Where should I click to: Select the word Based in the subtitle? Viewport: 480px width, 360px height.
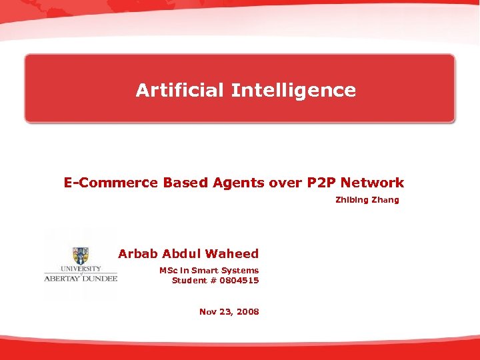coord(185,182)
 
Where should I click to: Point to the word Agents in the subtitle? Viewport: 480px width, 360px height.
coord(239,182)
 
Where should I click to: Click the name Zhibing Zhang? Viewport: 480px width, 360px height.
coord(367,199)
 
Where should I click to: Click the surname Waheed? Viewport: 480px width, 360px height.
coord(232,253)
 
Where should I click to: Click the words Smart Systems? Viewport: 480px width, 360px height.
coord(224,270)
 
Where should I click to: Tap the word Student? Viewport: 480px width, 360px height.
coord(189,280)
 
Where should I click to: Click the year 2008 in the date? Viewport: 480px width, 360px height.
coord(247,311)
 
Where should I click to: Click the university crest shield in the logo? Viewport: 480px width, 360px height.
coord(81,255)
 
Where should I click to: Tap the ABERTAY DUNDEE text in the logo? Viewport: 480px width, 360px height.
coord(80,278)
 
